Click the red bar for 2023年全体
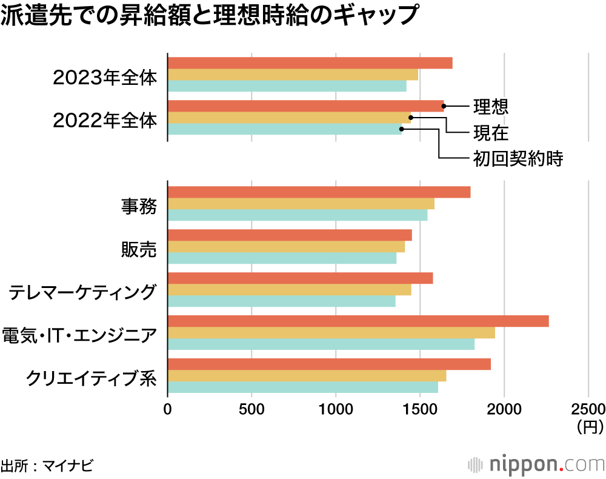pyautogui.click(x=310, y=63)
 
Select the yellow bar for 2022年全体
pyautogui.click(x=288, y=118)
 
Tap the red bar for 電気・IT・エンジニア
pyautogui.click(x=358, y=321)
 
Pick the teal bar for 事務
pyautogui.click(x=297, y=215)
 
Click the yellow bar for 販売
pyautogui.click(x=285, y=247)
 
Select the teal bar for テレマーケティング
pyautogui.click(x=281, y=301)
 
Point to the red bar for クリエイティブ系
pyautogui.click(x=328, y=364)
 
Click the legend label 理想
pyautogui.click(x=490, y=107)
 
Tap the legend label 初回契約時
pyautogui.click(x=518, y=159)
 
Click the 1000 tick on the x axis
pyautogui.click(x=336, y=409)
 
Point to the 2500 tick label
pyautogui.click(x=588, y=409)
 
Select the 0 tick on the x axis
pyautogui.click(x=168, y=409)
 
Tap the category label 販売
pyautogui.click(x=139, y=249)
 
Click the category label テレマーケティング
pyautogui.click(x=82, y=292)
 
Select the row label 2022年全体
pyautogui.click(x=105, y=120)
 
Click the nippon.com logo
pyautogui.click(x=536, y=464)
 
